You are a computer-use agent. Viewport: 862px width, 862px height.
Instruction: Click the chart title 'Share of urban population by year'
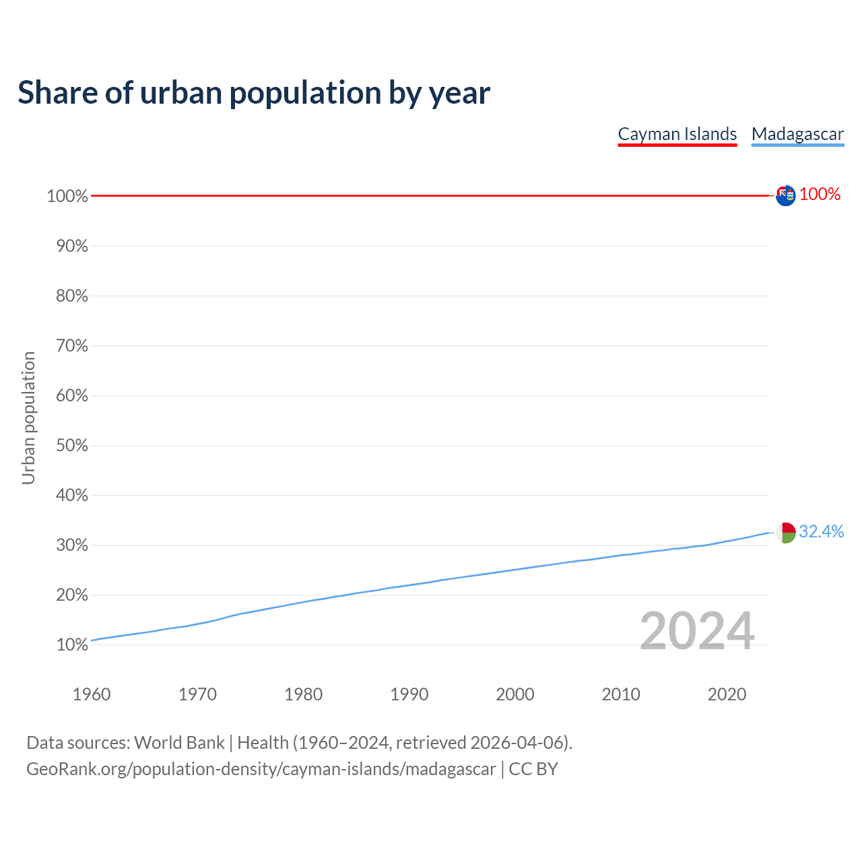click(254, 93)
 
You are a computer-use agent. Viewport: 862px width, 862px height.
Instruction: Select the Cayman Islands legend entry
click(677, 134)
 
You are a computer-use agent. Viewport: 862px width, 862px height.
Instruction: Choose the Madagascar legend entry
click(797, 134)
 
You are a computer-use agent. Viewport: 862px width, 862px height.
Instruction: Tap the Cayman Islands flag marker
click(785, 195)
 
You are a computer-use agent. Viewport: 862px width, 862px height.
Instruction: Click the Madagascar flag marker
click(785, 532)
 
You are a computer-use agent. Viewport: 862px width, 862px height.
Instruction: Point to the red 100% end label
click(820, 195)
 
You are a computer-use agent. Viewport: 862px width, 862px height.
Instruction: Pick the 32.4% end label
click(821, 531)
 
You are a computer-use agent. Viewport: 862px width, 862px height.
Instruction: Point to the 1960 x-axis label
click(92, 694)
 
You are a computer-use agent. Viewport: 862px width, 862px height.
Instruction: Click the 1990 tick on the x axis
click(409, 694)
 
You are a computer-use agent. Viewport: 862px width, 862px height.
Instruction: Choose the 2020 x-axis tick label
click(727, 694)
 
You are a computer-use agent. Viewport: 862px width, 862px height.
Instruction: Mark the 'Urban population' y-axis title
click(28, 418)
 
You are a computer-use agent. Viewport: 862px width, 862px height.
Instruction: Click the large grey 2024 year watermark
click(696, 631)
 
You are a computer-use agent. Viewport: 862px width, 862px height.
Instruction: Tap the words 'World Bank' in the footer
click(179, 743)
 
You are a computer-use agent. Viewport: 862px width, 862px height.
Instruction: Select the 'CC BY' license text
click(533, 769)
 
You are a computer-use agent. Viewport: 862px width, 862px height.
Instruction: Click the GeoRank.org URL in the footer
click(261, 769)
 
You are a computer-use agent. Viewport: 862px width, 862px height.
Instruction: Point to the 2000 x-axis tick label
click(515, 694)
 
